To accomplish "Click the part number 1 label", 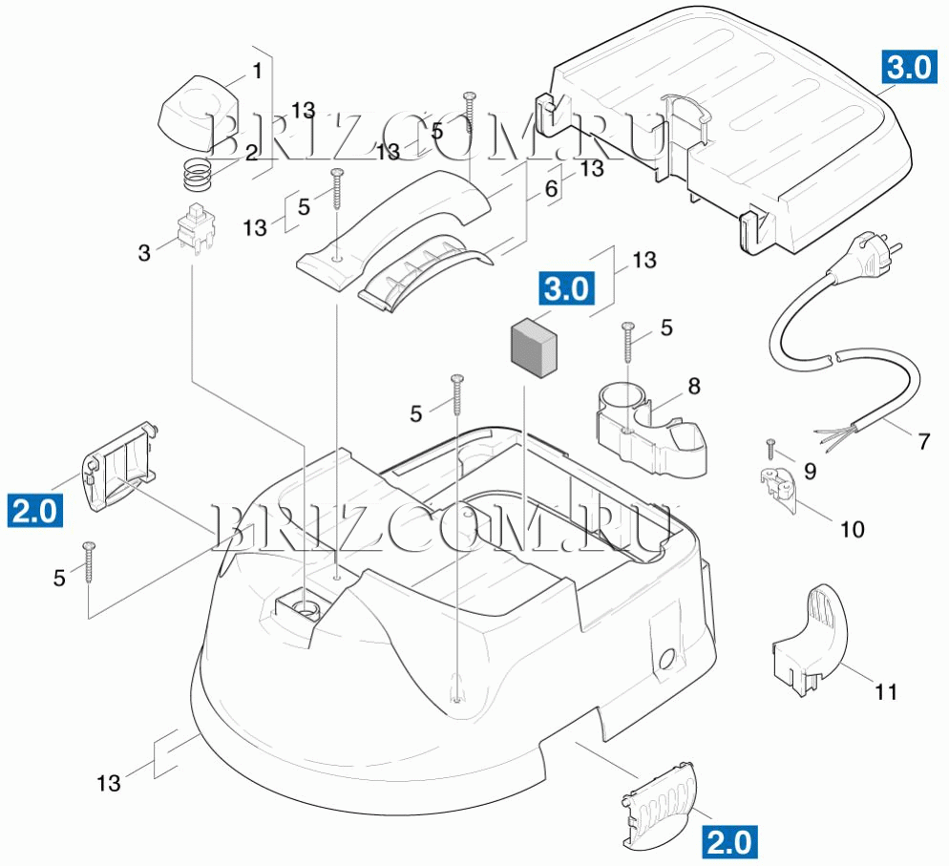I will click(256, 71).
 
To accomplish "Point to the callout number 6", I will click(551, 189).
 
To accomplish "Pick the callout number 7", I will click(923, 442).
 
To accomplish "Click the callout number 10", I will click(851, 528).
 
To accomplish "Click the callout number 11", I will click(886, 692).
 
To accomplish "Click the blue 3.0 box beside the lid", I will click(907, 67).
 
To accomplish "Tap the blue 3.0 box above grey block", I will click(567, 288).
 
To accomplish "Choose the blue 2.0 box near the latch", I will click(35, 510).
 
